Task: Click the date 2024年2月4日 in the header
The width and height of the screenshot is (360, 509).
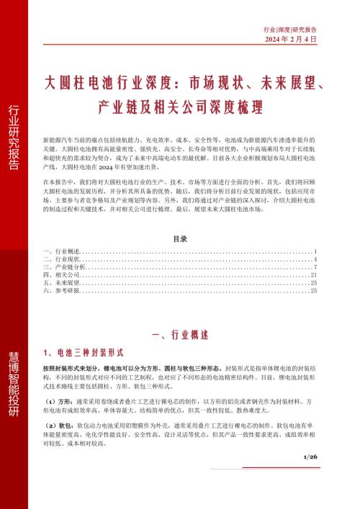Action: pos(291,39)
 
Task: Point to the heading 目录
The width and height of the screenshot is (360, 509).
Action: pos(180,238)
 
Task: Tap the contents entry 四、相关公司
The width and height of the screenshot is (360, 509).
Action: pos(58,275)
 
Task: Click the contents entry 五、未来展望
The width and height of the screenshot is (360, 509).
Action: pos(58,283)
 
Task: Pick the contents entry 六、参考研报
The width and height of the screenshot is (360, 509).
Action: pos(58,291)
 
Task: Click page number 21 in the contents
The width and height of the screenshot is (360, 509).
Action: pos(313,275)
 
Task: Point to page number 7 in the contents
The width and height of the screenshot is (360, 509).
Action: pos(315,267)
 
